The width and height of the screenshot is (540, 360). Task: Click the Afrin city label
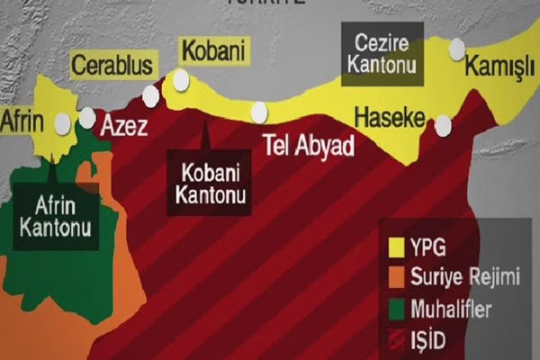click(24, 120)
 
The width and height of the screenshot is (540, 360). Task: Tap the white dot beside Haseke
click(443, 126)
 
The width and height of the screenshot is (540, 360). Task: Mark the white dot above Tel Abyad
click(259, 112)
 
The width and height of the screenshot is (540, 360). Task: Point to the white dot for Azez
click(88, 117)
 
